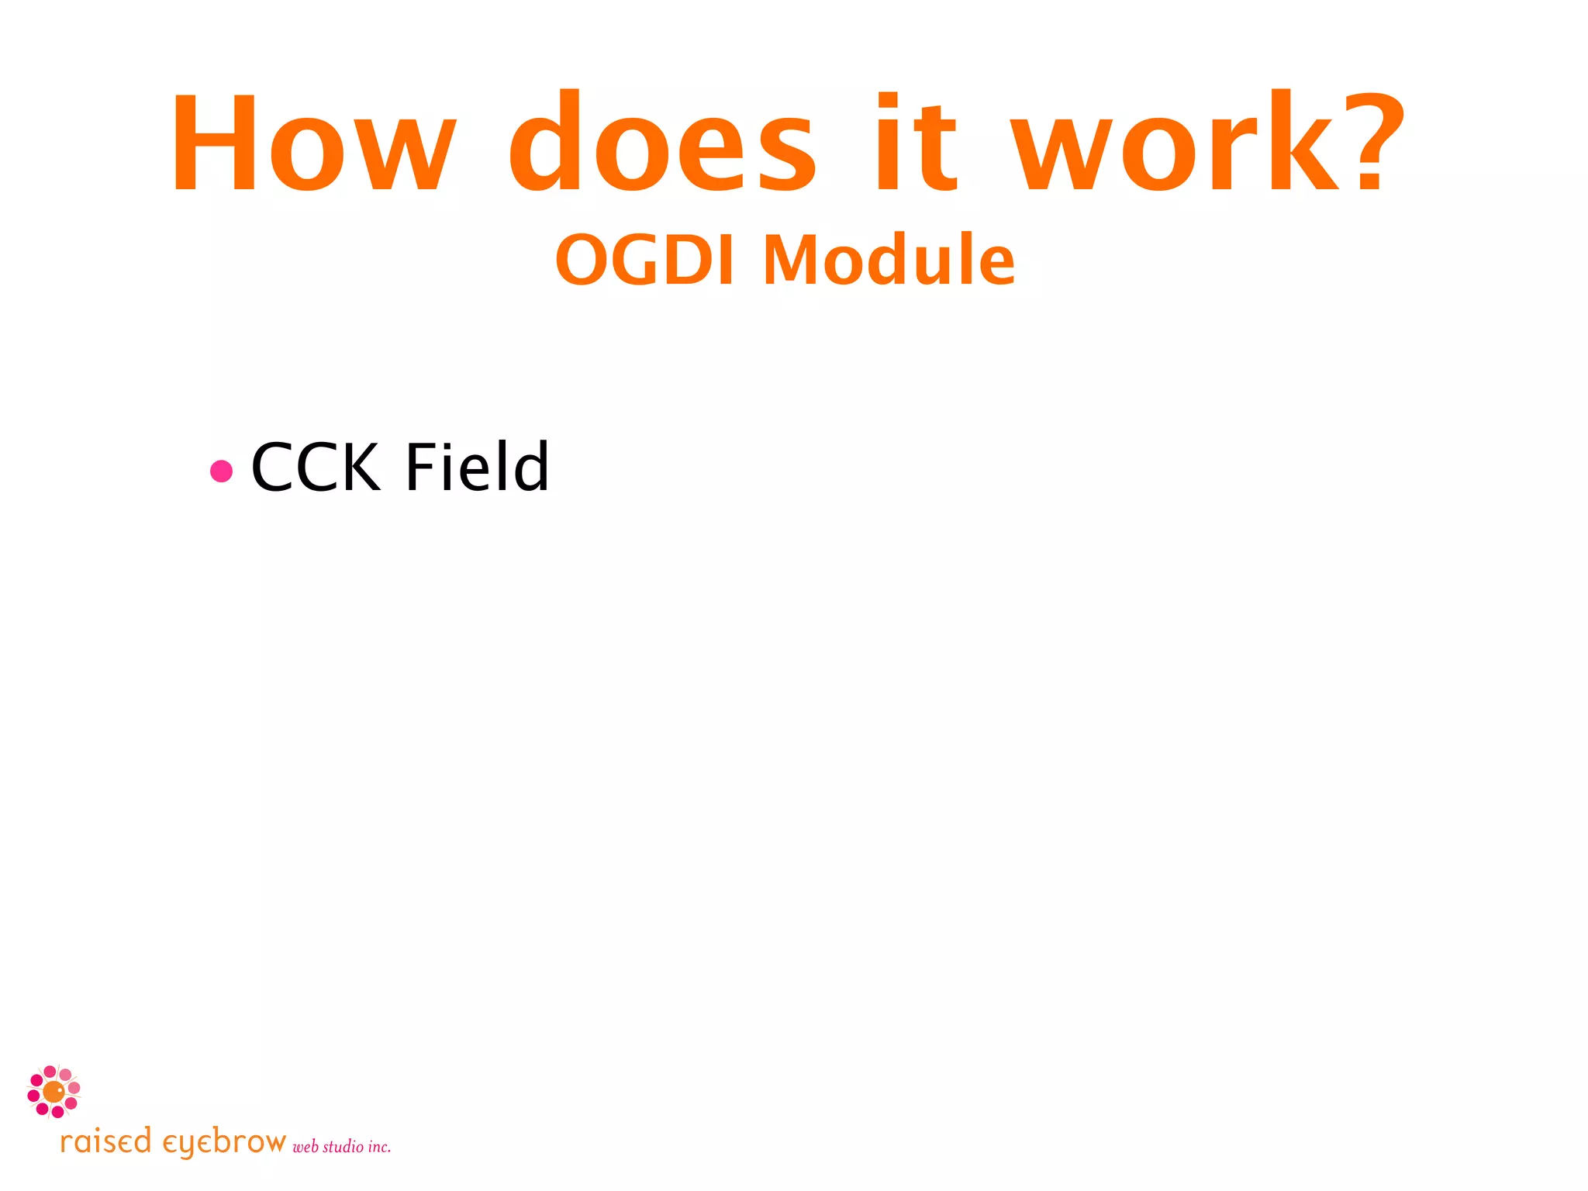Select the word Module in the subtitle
click(x=889, y=261)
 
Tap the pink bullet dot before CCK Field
click(x=222, y=471)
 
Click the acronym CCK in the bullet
click(x=316, y=468)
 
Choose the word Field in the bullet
click(x=477, y=468)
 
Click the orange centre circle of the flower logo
click(x=54, y=1092)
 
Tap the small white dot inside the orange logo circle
click(x=60, y=1089)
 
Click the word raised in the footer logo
click(x=105, y=1142)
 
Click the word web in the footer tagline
click(x=306, y=1147)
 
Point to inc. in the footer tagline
click(x=379, y=1147)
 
